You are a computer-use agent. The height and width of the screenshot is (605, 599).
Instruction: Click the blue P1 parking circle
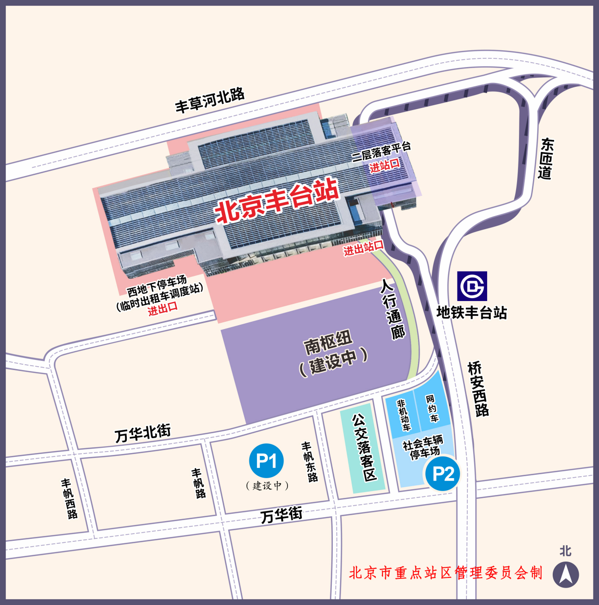point(266,461)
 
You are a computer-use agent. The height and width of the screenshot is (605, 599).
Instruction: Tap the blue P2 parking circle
point(443,473)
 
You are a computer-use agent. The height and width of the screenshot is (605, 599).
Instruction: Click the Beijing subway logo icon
point(472,286)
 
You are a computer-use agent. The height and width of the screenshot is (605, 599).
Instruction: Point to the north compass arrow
point(565,575)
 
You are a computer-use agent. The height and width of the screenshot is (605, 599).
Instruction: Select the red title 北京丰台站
point(276,201)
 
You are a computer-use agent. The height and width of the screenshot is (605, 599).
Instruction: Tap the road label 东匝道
point(546,159)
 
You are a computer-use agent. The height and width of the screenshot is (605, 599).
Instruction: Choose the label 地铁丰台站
point(472,313)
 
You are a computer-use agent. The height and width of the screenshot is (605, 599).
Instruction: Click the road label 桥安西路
point(478,389)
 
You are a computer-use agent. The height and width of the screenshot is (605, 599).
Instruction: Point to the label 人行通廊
point(393,309)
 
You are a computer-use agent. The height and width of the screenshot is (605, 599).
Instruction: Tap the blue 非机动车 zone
point(403,414)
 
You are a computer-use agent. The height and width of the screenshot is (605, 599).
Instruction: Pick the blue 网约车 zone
point(432,408)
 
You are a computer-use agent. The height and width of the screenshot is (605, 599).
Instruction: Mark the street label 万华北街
point(143,433)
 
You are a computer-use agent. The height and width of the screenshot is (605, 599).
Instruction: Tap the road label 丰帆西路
point(69,498)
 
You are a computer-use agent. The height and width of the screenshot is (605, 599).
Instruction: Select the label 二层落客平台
point(381,151)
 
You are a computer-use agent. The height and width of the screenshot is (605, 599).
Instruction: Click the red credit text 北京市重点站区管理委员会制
point(446,573)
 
